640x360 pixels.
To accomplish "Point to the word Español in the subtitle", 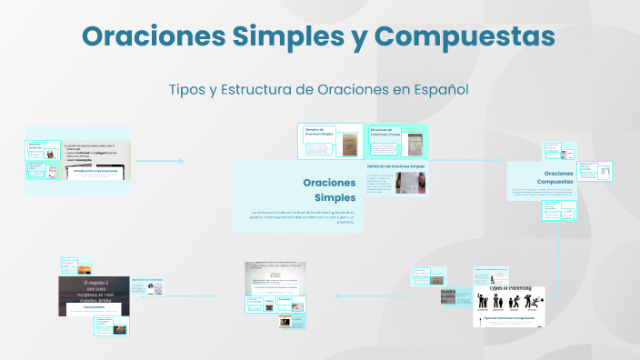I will click(440, 90).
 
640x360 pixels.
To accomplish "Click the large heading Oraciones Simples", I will click(304, 190).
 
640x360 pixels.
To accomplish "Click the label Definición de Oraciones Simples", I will click(396, 167).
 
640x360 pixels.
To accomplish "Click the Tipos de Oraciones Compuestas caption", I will click(507, 319).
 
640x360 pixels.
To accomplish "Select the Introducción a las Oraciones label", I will click(95, 170).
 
